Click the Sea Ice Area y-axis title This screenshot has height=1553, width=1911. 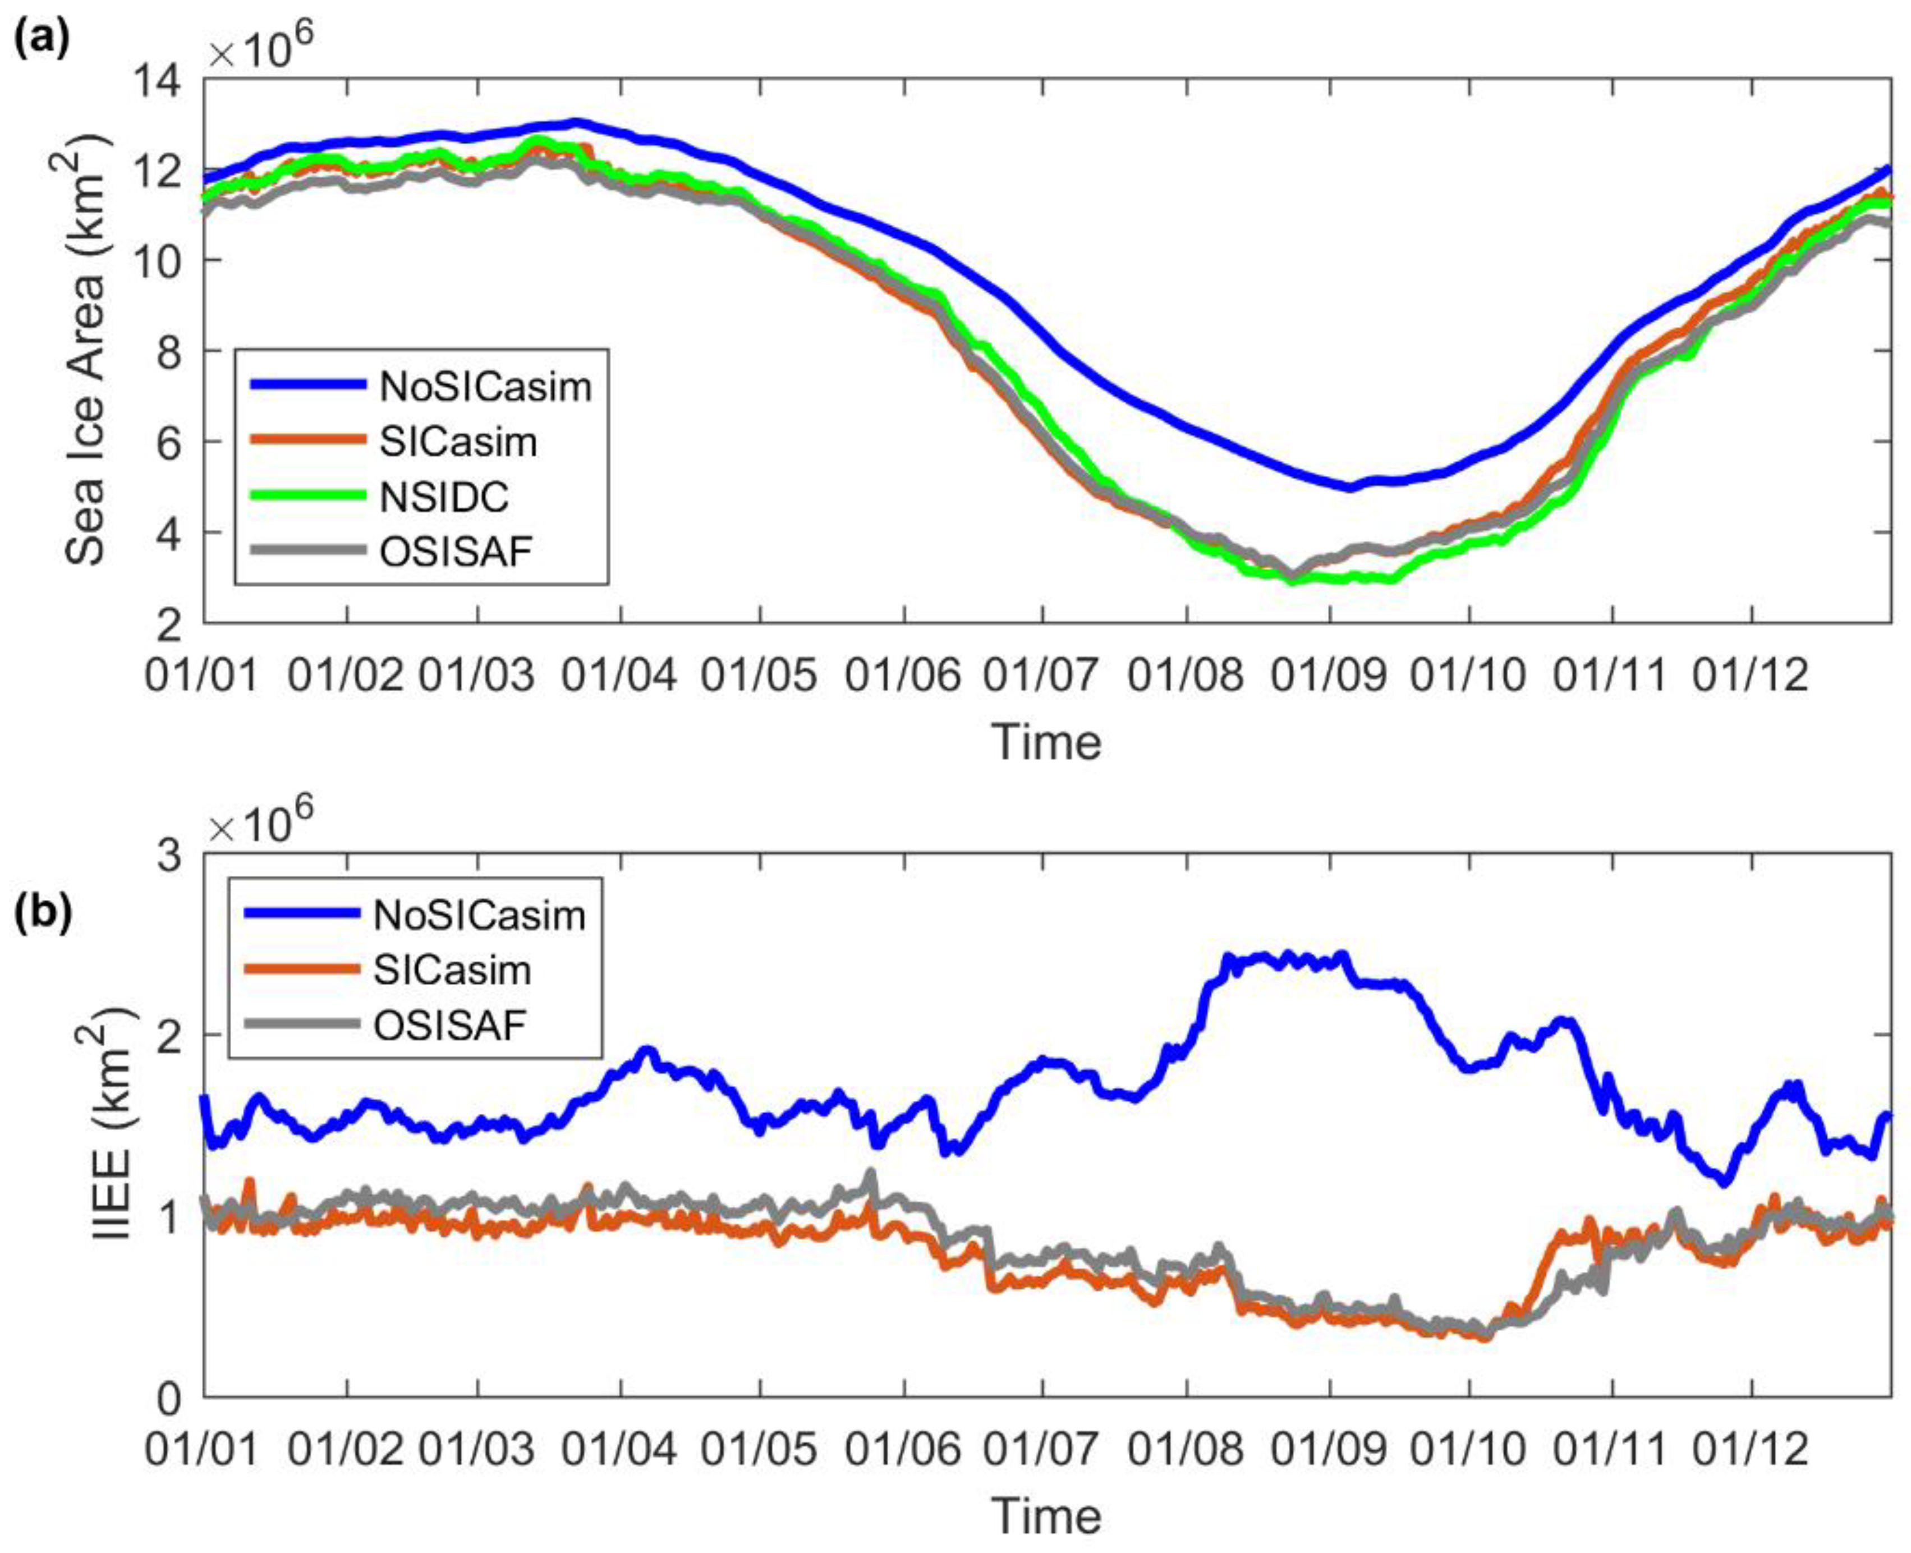click(88, 349)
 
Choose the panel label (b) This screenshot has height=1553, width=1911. click(40, 917)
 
